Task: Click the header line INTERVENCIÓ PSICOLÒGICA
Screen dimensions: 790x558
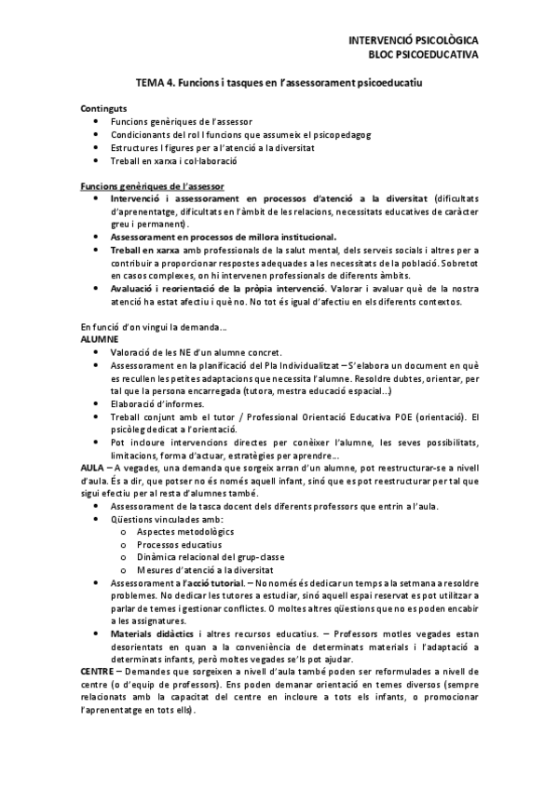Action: [x=413, y=41]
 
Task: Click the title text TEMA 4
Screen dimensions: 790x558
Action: [x=156, y=83]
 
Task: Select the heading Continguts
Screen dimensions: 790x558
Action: [x=104, y=109]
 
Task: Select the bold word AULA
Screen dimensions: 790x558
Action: [x=93, y=468]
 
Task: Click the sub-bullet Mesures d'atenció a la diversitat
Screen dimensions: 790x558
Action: [x=204, y=568]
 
